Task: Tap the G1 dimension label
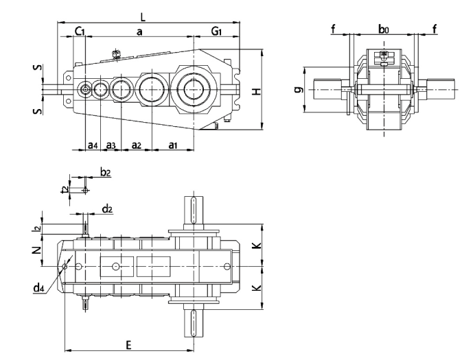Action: (216, 32)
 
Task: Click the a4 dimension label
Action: (92, 145)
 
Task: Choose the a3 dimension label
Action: (111, 145)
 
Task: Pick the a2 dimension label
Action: (136, 145)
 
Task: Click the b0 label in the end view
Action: (384, 29)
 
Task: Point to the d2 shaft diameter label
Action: (107, 208)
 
